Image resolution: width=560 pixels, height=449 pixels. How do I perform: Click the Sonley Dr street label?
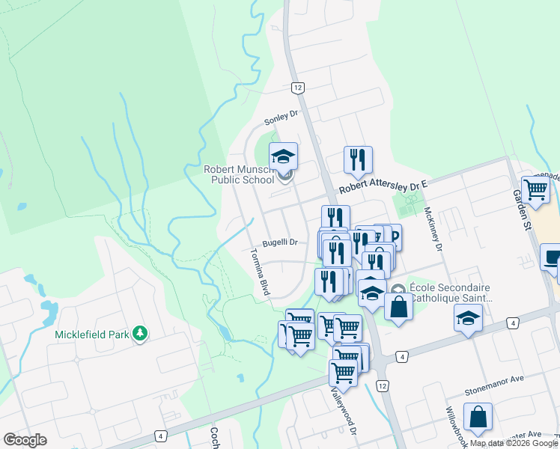click(x=281, y=117)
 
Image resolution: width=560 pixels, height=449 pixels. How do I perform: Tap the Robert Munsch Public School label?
click(x=239, y=174)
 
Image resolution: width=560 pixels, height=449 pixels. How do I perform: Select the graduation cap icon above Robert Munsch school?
click(x=284, y=156)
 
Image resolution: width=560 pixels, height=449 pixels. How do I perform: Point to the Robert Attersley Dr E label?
click(x=382, y=186)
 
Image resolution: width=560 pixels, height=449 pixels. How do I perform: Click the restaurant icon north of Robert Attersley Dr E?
click(x=358, y=159)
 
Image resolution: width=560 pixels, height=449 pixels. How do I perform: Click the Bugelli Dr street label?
click(x=280, y=242)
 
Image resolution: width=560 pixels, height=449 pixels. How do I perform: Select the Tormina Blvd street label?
click(x=258, y=272)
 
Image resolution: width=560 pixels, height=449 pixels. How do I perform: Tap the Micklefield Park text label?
click(x=91, y=334)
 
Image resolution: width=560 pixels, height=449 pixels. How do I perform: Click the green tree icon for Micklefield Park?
click(x=139, y=333)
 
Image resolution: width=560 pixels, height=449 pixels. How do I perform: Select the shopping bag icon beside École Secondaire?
click(x=399, y=306)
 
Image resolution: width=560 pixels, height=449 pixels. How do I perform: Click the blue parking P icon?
click(x=393, y=236)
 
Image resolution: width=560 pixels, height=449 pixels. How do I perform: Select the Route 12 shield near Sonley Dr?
click(x=298, y=88)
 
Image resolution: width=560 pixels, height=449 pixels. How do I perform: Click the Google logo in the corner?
click(x=25, y=439)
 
